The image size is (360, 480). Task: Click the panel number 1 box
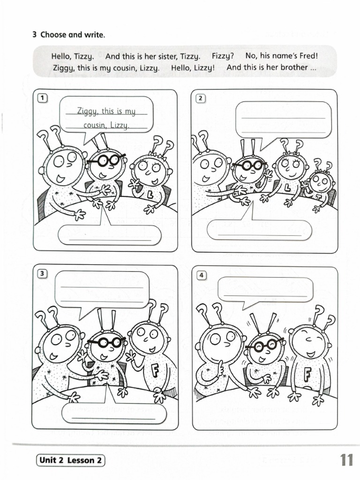[x=43, y=98]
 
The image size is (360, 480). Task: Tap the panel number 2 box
[x=200, y=98]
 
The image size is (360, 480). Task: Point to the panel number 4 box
[x=202, y=275]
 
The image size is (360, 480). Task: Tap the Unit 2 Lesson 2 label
[x=70, y=460]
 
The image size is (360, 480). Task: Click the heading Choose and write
[x=73, y=35]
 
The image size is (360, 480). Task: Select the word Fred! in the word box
[x=308, y=56]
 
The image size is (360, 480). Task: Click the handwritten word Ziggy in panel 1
[x=88, y=111]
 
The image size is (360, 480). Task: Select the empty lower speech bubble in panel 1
[x=110, y=234]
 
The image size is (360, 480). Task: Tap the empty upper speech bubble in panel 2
[x=283, y=119]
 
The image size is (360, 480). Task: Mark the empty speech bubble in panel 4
[x=265, y=289]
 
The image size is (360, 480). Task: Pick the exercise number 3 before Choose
[x=35, y=35]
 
